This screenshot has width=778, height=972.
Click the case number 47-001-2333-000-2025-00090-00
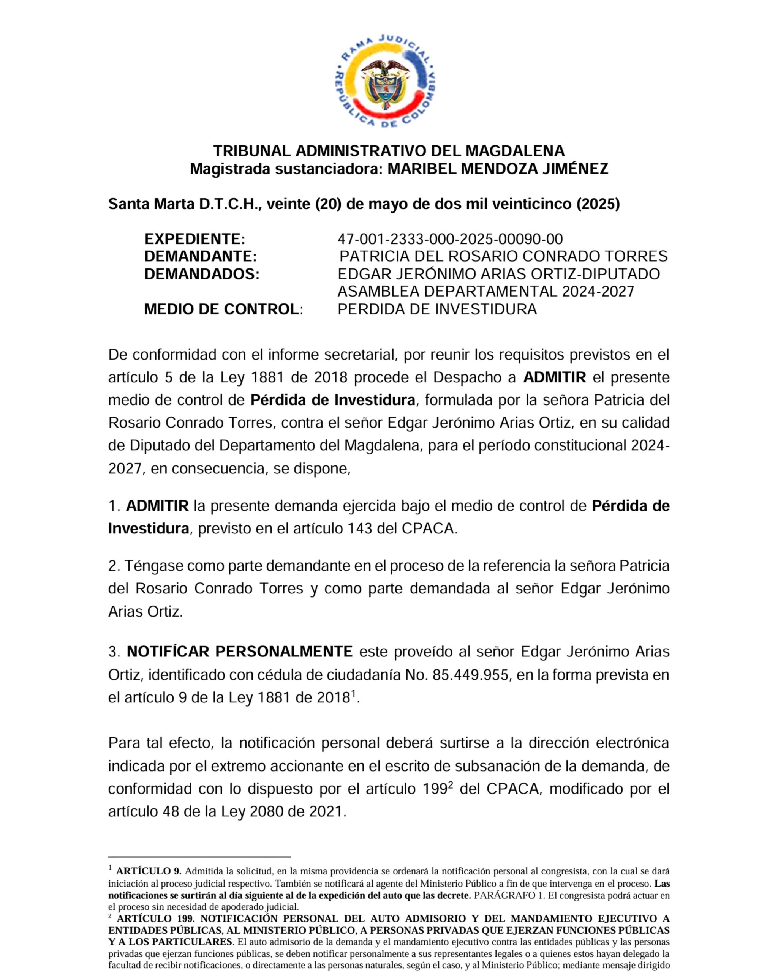(450, 239)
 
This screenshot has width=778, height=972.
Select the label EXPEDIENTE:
(194, 239)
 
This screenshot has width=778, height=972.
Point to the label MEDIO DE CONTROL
(221, 309)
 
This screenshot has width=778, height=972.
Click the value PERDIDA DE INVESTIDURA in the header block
(437, 309)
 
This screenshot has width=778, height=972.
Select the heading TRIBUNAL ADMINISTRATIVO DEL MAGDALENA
(389, 151)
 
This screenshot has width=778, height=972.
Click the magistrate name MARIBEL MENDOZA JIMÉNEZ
(498, 169)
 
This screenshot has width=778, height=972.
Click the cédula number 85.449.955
(470, 675)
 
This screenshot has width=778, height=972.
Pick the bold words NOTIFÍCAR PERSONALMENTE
(239, 652)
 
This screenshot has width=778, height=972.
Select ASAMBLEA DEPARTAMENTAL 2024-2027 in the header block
(486, 292)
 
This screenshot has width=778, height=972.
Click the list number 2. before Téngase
(114, 566)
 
